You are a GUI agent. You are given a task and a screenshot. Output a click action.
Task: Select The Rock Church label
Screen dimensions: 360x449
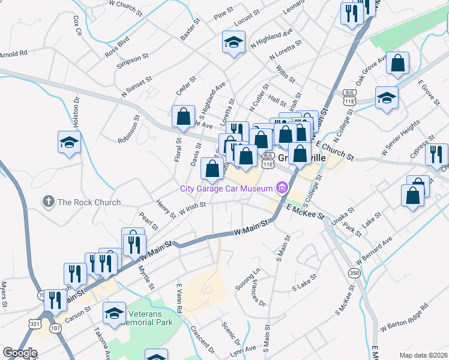coord(89,202)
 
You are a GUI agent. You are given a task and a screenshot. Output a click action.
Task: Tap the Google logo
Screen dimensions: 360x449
coord(20,353)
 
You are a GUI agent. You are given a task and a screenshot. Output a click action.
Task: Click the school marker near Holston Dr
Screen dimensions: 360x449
coord(70,143)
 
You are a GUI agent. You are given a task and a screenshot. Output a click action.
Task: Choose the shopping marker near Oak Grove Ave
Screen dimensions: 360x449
coord(398,63)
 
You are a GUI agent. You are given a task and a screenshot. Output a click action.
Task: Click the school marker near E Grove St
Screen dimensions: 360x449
coord(387,97)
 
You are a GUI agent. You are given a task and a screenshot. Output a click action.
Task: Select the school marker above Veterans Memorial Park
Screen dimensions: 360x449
coord(114,313)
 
